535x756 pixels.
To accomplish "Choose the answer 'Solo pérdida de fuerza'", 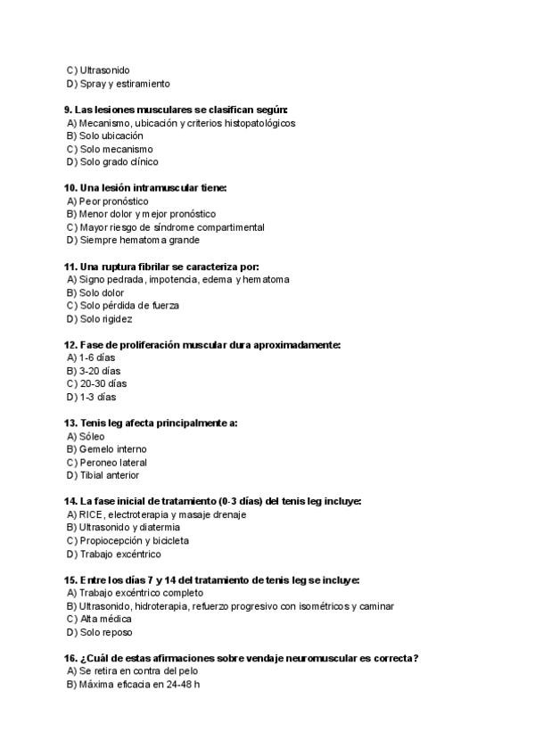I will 129,306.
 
